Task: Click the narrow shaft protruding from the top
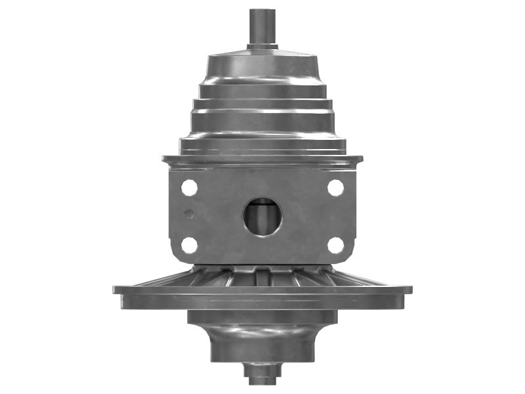pos(262,26)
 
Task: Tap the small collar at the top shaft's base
pos(262,47)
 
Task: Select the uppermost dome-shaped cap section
pos(262,66)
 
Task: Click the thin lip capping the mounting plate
pos(262,160)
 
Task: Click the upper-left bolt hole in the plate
pos(189,188)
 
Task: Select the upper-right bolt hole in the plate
pos(335,188)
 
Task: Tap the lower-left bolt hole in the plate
pos(189,246)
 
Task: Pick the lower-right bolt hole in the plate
pos(335,246)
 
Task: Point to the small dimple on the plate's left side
pos(189,213)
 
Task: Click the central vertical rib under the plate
pos(262,276)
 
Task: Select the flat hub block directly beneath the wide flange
pos(262,317)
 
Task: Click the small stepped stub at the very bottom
pos(262,374)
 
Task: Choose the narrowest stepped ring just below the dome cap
pos(262,91)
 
